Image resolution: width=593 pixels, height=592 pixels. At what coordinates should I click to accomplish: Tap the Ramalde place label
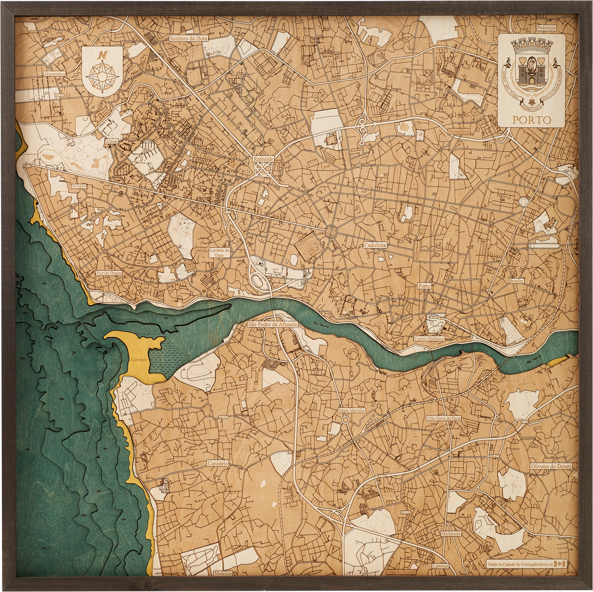point(263,159)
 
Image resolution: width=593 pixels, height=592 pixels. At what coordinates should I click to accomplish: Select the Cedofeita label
point(375,245)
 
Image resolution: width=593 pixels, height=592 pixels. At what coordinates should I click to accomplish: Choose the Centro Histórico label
point(429,339)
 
